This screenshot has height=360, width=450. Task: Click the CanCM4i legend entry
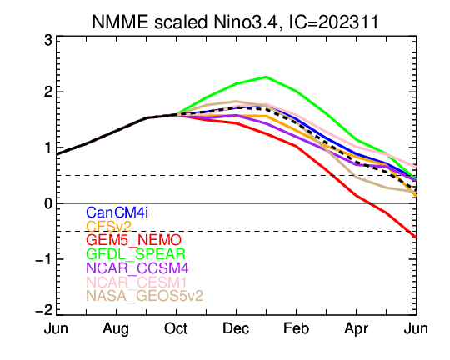coord(117,212)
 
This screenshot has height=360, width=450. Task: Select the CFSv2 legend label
coord(109,226)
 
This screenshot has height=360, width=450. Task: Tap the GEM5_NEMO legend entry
coord(133,240)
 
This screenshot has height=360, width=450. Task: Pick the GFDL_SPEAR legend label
coord(136,254)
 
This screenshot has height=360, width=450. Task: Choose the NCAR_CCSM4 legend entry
coord(137,267)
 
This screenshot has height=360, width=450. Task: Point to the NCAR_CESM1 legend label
coord(137,282)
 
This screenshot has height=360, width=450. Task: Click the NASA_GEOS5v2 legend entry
coord(145,296)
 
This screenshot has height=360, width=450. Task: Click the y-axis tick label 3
coord(48,40)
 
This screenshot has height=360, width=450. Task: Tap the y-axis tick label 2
coord(48,92)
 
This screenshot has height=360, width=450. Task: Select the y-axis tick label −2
coord(44,310)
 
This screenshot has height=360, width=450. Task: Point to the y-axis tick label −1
coord(44,259)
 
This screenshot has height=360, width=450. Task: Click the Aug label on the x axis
coord(116,329)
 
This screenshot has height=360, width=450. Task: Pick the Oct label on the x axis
coord(176,328)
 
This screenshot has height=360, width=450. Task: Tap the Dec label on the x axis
coord(236,328)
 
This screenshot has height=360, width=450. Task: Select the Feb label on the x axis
coord(296,328)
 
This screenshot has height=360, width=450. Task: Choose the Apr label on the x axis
coord(356,329)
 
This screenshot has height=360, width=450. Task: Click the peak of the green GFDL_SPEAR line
coord(266,77)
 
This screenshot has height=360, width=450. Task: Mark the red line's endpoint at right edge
coord(416,237)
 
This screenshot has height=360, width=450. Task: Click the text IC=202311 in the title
coord(333,22)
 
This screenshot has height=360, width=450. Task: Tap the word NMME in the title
coord(120,22)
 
